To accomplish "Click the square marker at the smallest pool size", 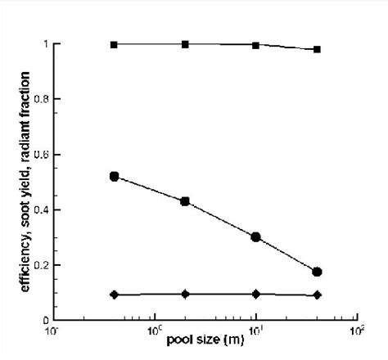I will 114,44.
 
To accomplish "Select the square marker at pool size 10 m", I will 256,45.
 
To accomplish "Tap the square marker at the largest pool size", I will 317,49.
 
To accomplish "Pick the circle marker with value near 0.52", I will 114,176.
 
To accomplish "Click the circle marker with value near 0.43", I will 185,200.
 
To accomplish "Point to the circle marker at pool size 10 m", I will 255,236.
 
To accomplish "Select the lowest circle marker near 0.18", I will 317,272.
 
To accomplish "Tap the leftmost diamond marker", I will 114,294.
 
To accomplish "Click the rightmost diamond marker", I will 317,295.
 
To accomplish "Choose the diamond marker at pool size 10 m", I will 256,294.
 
